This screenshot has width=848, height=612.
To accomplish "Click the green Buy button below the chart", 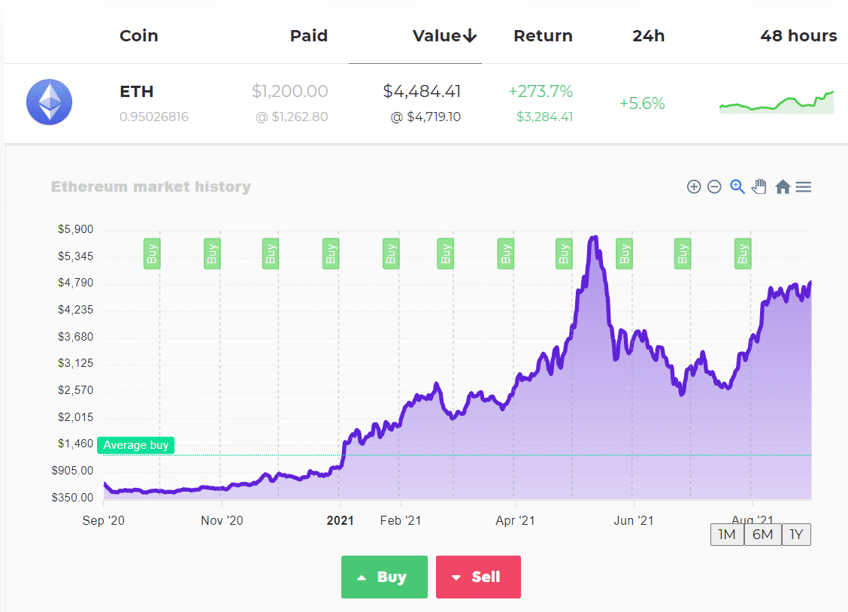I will point(384,577).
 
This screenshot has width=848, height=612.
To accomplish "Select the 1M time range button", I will point(727,535).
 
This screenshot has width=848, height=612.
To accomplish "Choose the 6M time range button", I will point(762,535).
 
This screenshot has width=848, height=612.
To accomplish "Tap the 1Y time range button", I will point(796,535).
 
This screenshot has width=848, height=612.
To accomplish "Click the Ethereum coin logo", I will point(49,102).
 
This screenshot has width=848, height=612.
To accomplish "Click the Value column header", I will point(444,36).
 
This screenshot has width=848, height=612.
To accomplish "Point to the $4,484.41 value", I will point(422,92).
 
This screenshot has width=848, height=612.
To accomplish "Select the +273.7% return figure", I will point(541,92).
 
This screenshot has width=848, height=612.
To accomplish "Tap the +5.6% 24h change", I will point(642,104).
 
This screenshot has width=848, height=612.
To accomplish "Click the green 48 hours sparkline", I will point(776,103).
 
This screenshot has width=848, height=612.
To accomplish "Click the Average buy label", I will point(135,445).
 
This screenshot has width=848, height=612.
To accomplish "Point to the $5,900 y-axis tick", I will point(76,230).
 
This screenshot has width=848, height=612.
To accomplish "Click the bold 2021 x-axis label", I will point(340,520).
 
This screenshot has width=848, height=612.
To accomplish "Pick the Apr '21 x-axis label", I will point(515,520).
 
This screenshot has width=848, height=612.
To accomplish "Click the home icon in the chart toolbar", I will point(783,187).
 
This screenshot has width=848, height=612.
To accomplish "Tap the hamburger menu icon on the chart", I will point(803,187).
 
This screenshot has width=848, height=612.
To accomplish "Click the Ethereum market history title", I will point(151,187).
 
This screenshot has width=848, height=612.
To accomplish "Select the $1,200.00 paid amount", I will point(289,92).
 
